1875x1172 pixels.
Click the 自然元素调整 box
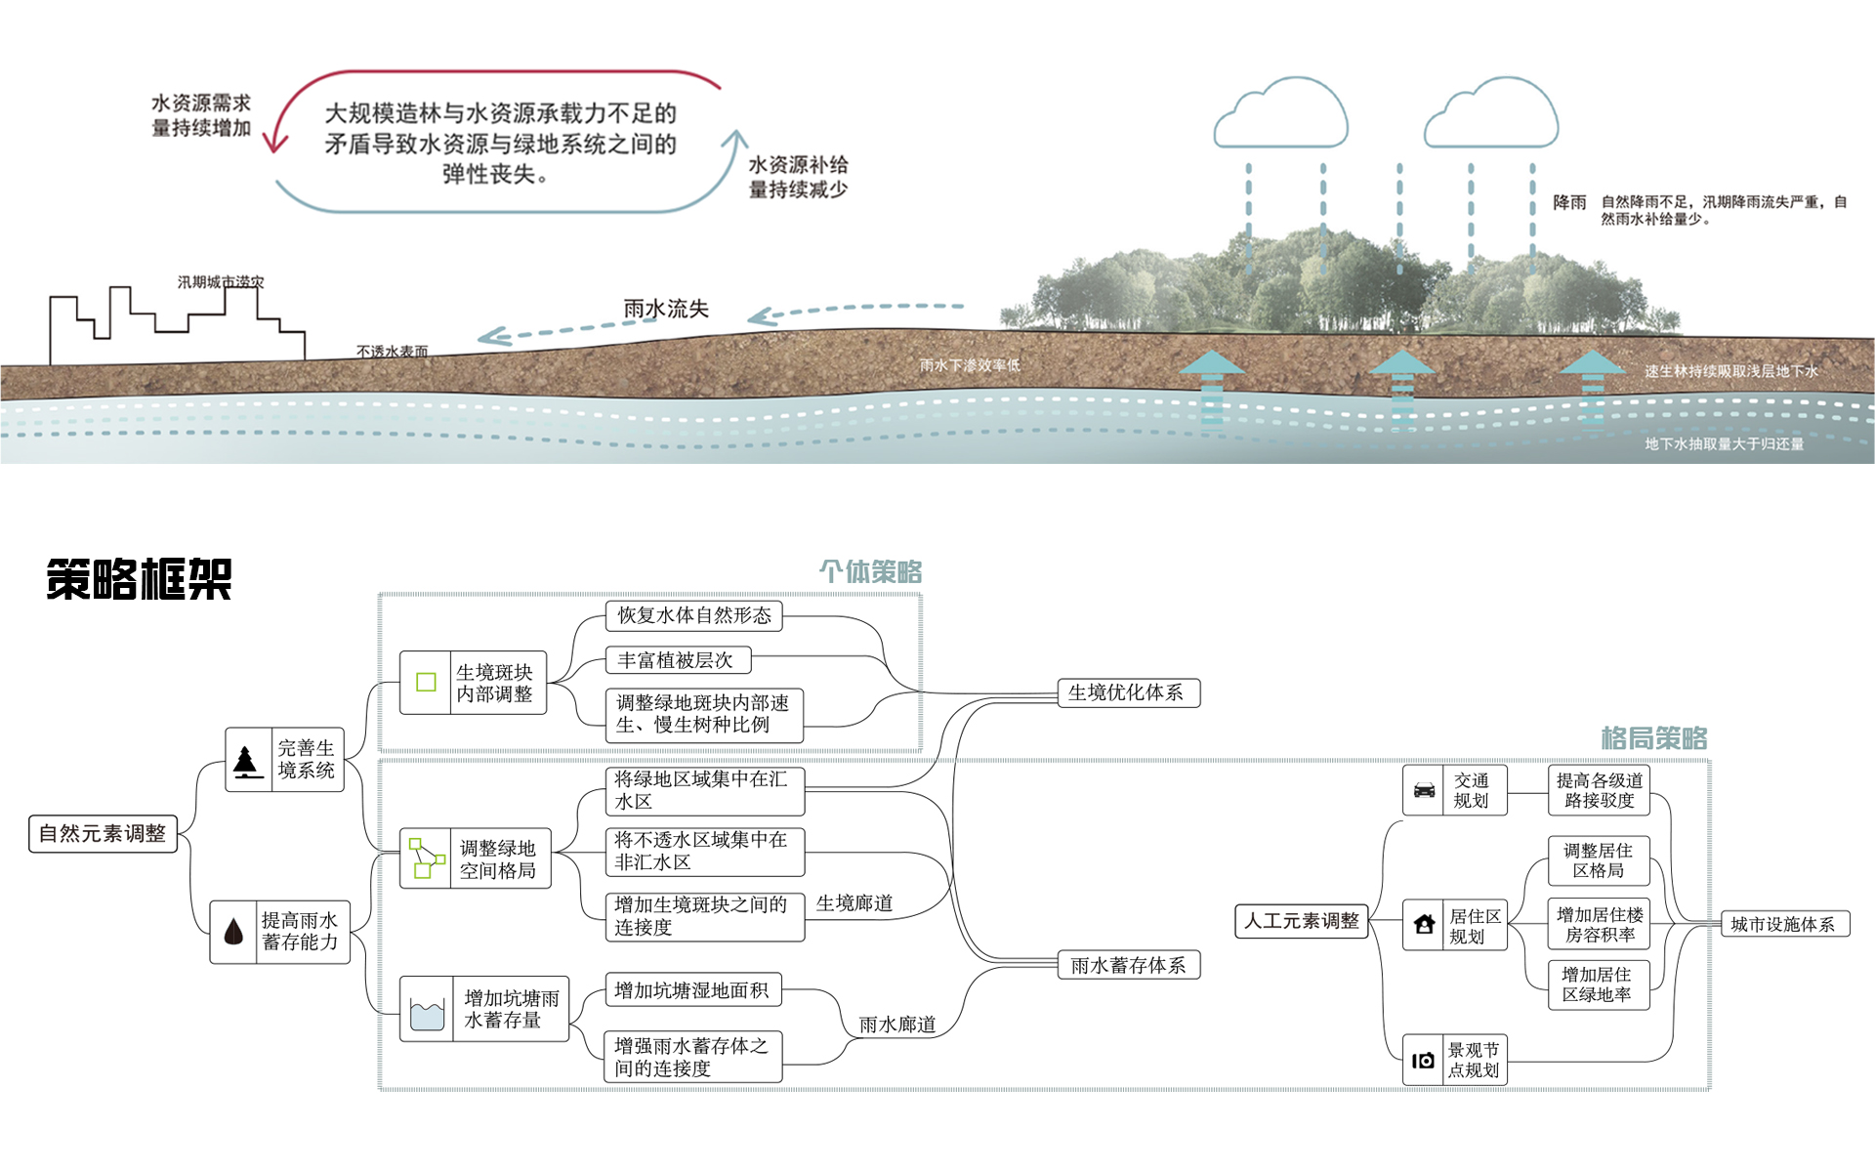pos(103,834)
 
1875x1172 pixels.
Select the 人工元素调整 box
pos(1301,921)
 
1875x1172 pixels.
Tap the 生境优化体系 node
pos(1128,692)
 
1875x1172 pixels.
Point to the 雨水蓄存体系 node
pos(1129,965)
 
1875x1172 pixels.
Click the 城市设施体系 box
pos(1783,924)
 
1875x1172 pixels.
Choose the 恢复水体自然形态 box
pos(693,615)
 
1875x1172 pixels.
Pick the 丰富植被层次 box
pos(677,660)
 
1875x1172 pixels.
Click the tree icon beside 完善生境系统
pos(247,760)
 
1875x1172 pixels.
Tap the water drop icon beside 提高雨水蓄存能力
pos(233,932)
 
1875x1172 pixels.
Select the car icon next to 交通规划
pos(1425,790)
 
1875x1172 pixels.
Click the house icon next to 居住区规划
pos(1425,924)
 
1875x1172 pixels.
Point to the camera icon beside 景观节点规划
pos(1424,1060)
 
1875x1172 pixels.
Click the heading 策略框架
pos(139,579)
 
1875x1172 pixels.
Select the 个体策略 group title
pos(870,571)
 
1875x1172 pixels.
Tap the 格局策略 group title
pos(1653,737)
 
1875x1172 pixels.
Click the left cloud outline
pos(1280,116)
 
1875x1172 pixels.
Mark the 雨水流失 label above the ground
pos(666,309)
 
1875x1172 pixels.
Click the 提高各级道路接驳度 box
pos(1599,790)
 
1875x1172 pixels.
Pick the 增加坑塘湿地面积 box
pos(692,990)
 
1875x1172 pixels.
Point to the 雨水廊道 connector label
pos(896,1025)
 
